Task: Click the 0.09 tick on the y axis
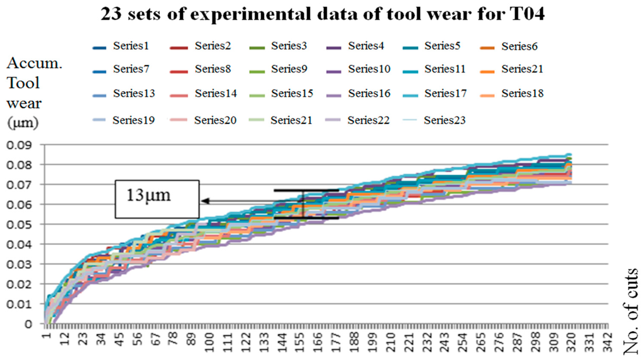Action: [x=23, y=145]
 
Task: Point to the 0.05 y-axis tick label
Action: [x=23, y=225]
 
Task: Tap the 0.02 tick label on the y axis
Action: [x=23, y=284]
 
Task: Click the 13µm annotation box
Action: [x=157, y=200]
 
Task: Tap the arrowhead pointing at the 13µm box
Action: [x=205, y=201]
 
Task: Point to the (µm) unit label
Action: [x=23, y=123]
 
